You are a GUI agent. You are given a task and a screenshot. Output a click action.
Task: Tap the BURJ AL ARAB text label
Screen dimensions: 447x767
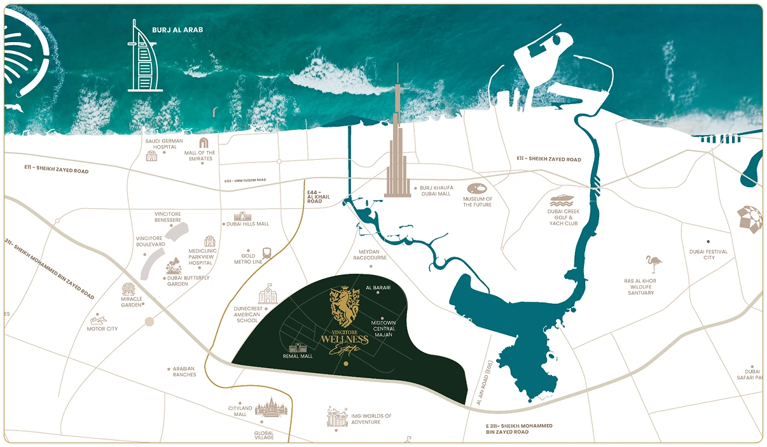pos(177,30)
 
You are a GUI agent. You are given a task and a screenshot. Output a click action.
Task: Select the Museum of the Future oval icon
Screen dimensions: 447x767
pos(477,189)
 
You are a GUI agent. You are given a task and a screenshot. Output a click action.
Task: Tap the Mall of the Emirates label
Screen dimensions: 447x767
pos(200,155)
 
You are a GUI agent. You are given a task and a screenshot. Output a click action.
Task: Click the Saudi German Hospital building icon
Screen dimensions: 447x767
pos(151,156)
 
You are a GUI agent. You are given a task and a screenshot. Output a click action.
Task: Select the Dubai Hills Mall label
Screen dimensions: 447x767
pos(248,224)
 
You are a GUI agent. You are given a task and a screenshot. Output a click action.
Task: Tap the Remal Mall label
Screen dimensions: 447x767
pos(299,357)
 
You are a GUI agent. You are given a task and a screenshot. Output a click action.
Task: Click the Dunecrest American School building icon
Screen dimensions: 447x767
pos(268,295)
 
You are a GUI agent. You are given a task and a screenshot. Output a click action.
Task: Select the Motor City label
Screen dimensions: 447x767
pos(102,329)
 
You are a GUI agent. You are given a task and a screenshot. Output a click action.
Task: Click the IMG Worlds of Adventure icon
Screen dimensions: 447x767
pos(337,418)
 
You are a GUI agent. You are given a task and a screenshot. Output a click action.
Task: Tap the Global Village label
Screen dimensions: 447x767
pos(263,436)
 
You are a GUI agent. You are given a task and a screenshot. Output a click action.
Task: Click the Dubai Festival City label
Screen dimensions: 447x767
pos(708,255)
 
